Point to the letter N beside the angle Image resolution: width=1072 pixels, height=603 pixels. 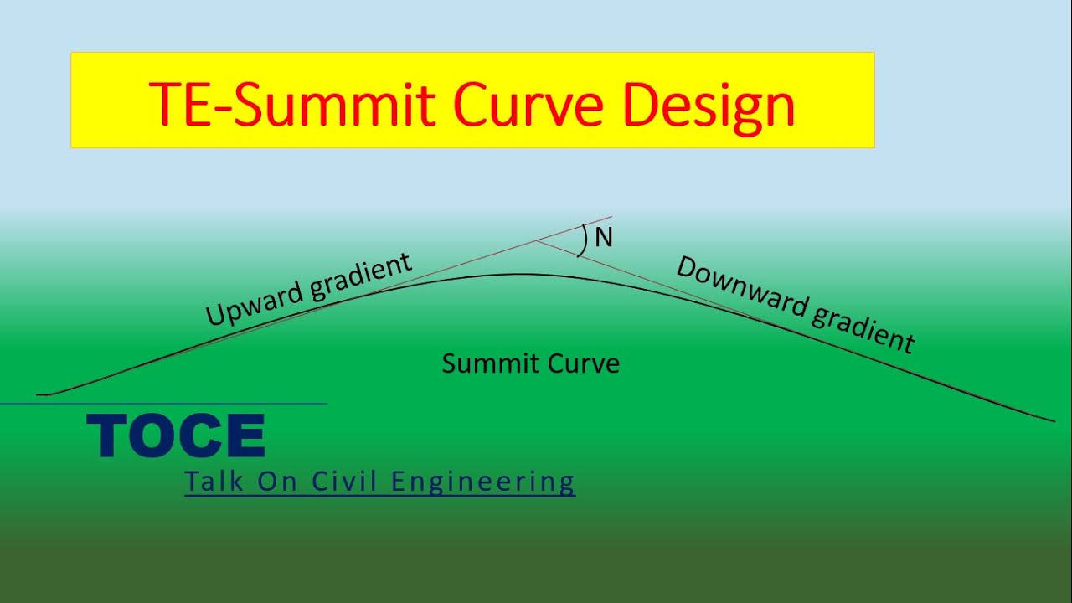(604, 239)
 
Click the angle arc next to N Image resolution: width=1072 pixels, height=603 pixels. (583, 240)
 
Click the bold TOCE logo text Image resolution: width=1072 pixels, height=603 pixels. (176, 436)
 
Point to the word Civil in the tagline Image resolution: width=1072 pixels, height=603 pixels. (344, 482)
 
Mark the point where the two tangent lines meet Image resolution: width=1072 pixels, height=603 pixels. (537, 241)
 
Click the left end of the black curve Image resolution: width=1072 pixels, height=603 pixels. (39, 394)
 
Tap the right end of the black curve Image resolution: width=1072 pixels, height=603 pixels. (1054, 420)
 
